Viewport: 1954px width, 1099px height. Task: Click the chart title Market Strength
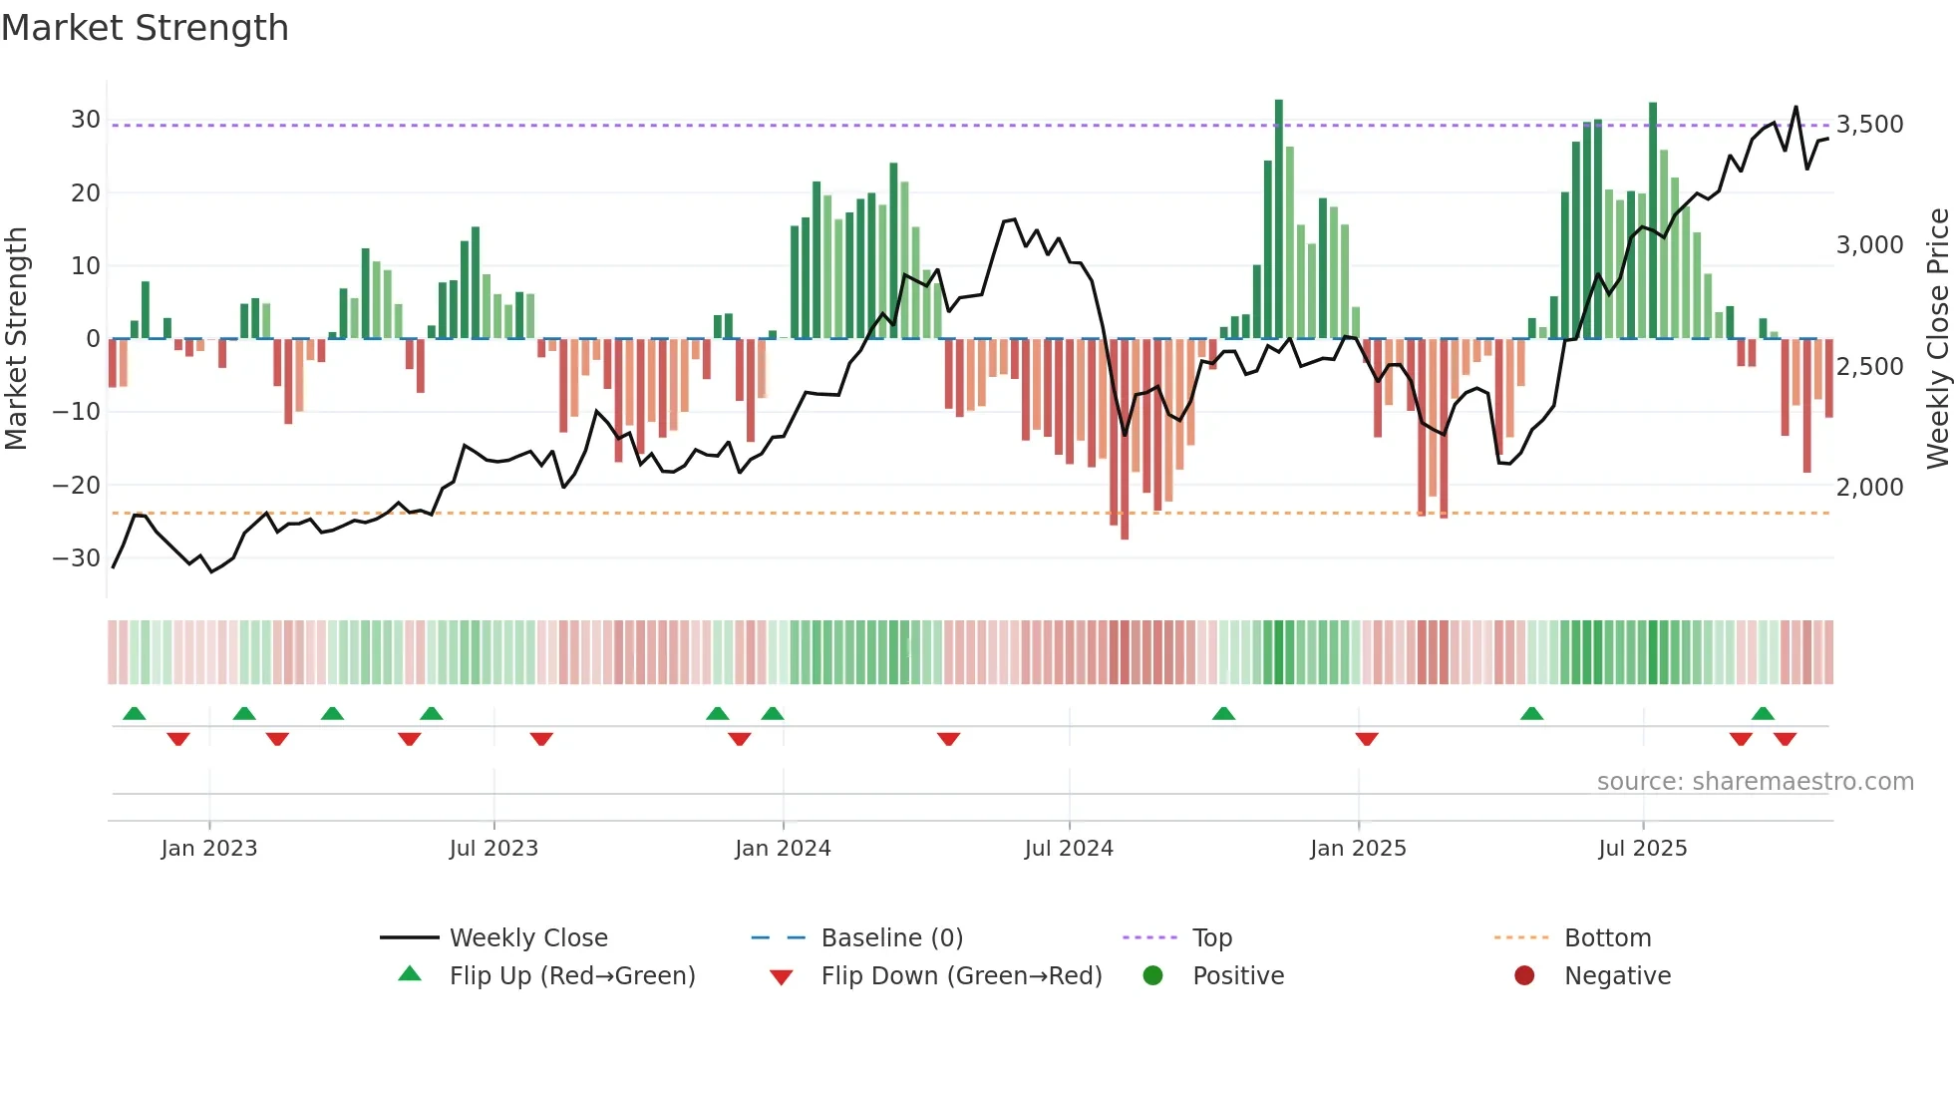click(145, 28)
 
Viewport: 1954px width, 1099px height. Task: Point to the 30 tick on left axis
click(86, 120)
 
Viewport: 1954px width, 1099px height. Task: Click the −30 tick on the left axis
click(77, 558)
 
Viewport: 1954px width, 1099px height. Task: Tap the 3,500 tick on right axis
click(1869, 125)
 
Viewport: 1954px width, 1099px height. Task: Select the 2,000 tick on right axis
click(1869, 488)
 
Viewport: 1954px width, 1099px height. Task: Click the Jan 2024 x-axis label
click(783, 849)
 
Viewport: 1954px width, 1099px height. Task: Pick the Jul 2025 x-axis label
click(1642, 849)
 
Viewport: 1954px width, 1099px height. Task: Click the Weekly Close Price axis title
click(1937, 339)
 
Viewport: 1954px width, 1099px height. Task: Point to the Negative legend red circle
click(1524, 976)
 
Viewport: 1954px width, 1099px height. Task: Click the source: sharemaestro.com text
click(1755, 782)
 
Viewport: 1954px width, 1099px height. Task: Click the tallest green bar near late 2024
click(1279, 219)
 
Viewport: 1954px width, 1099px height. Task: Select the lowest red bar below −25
click(1125, 439)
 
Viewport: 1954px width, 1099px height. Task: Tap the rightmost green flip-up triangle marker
click(1763, 714)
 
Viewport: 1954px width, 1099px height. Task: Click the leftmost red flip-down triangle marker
click(178, 739)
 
